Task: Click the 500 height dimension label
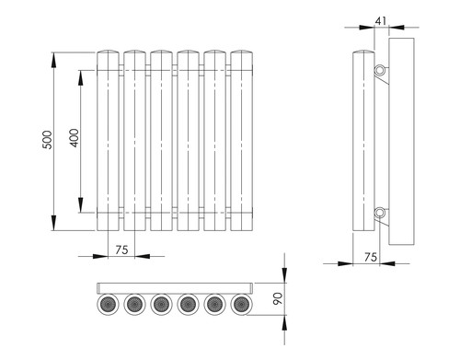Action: pos(47,140)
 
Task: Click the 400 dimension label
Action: pos(75,138)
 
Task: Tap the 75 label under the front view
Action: pos(121,250)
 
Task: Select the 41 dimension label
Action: pos(381,21)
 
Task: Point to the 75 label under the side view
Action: pos(371,257)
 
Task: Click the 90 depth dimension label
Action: pos(278,298)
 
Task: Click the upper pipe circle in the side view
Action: pos(380,70)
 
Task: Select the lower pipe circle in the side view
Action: pos(380,213)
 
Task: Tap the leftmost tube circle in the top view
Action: pos(108,305)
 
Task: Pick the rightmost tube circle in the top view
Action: pos(242,305)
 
